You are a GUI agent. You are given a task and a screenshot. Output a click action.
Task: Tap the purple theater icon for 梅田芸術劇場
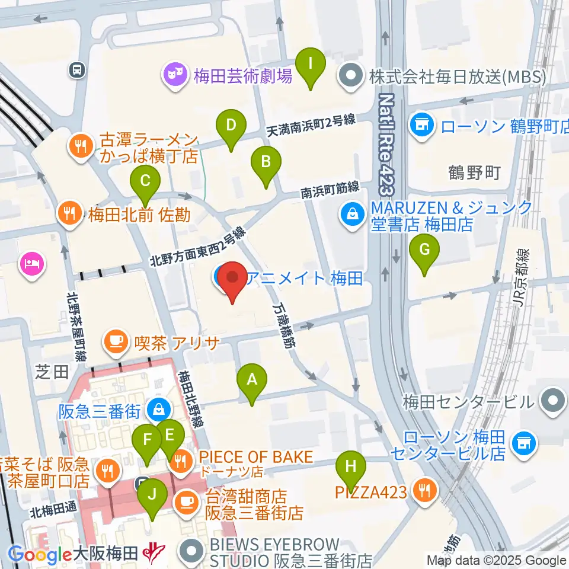(x=174, y=75)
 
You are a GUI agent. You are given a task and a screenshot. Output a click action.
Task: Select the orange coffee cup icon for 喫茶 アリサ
(x=114, y=342)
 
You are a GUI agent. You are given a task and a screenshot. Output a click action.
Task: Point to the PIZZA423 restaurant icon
(x=425, y=491)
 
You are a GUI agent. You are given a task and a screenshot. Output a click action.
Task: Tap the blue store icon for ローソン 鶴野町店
(x=422, y=125)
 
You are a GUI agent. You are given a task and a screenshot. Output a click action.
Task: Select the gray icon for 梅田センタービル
(x=554, y=401)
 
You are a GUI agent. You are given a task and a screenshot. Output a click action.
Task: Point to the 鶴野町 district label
(x=474, y=172)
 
